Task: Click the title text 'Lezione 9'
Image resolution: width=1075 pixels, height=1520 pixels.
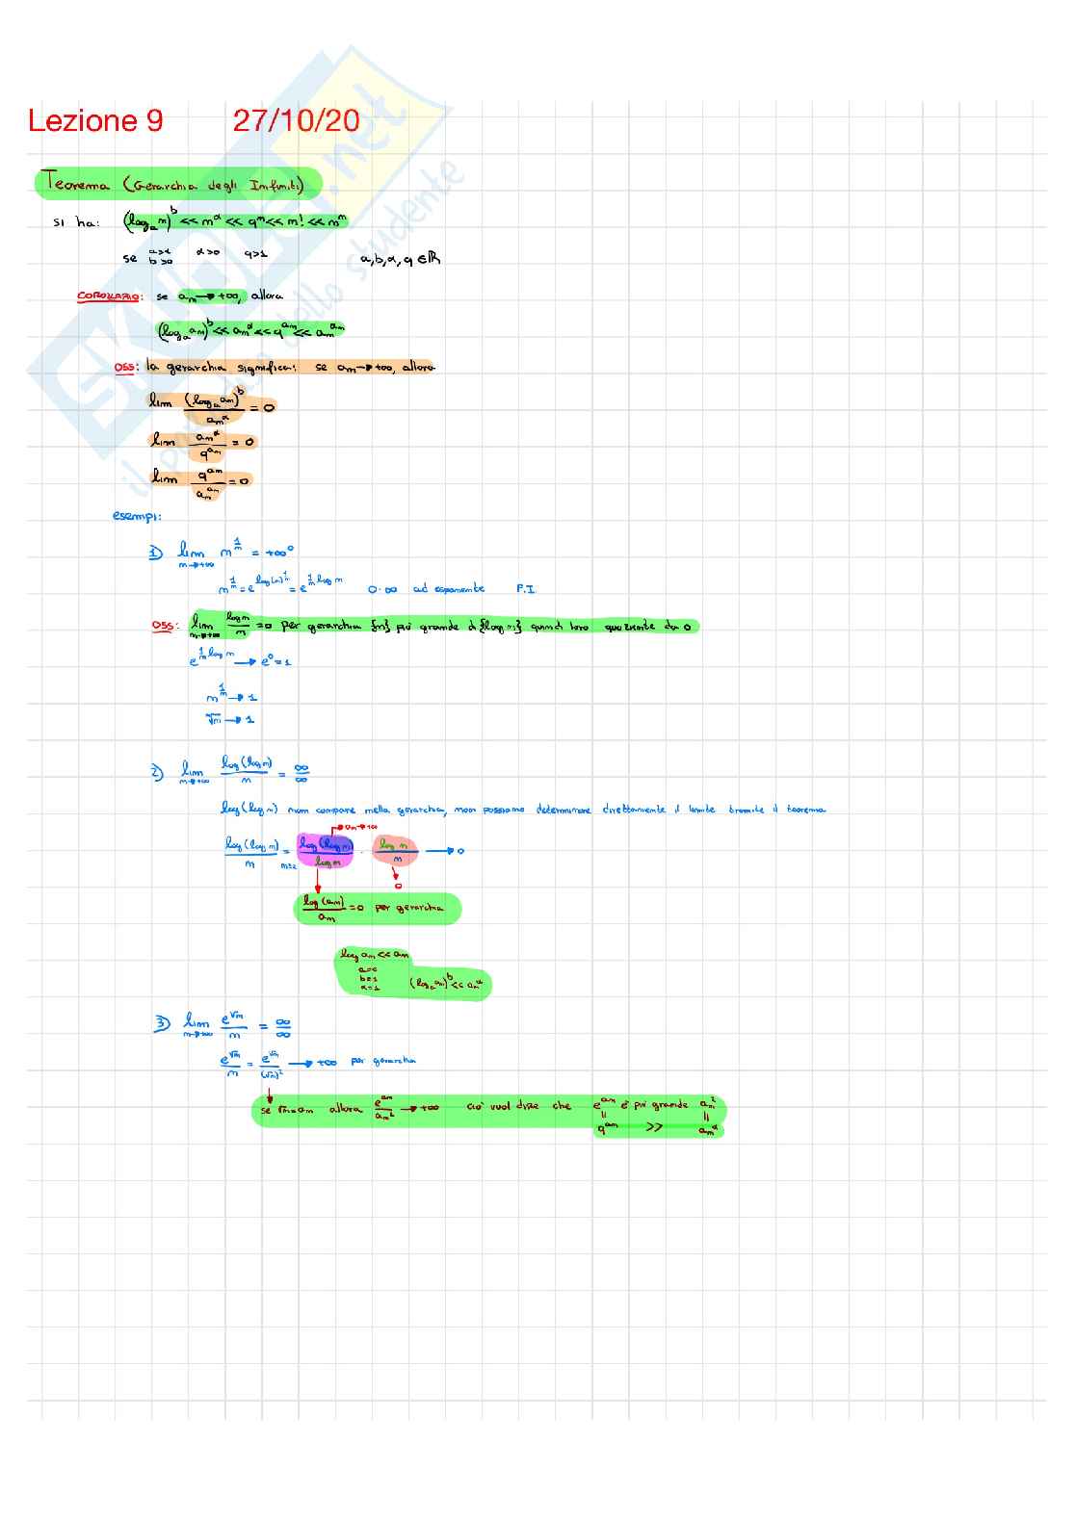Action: (95, 121)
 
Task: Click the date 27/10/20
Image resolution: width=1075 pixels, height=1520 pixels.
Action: (296, 121)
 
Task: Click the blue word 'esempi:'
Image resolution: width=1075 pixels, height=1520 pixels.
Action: (137, 516)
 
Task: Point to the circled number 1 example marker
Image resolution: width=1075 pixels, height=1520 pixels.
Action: (156, 553)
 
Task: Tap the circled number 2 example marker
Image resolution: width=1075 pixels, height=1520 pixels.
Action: (158, 771)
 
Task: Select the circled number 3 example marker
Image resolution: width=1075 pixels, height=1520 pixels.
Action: (162, 1023)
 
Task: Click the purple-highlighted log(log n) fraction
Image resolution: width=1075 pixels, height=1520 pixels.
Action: (325, 850)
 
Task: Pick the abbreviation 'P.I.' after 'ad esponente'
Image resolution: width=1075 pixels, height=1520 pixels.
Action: (525, 588)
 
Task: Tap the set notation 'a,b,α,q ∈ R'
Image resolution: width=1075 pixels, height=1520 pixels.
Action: (401, 258)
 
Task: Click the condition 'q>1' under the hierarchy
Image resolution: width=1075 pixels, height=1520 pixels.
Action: (255, 255)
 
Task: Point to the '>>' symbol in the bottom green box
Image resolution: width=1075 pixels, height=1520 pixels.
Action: (654, 1127)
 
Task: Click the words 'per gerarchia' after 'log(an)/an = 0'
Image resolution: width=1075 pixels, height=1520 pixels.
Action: (408, 907)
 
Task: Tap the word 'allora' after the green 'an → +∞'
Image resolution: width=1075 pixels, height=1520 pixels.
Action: (267, 296)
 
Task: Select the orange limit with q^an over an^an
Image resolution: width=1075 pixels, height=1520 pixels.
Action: (200, 479)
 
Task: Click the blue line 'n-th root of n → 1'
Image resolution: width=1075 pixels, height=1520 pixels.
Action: (230, 719)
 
